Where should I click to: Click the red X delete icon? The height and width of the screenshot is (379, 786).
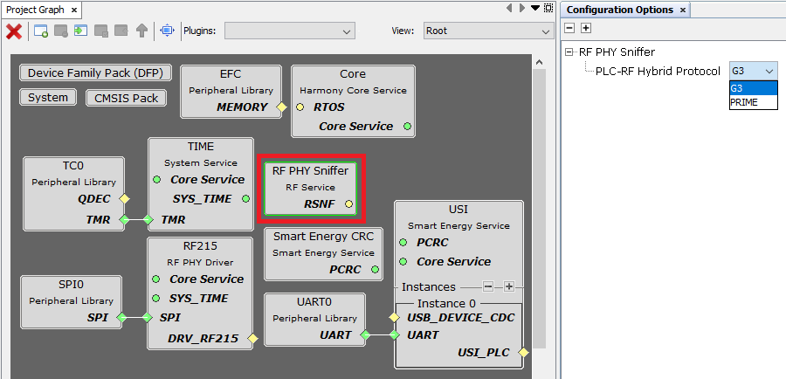coord(14,31)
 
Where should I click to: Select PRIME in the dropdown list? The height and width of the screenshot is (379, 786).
coord(745,102)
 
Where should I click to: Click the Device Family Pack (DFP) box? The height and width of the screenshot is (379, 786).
coord(95,73)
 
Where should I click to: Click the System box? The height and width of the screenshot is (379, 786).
coord(47,98)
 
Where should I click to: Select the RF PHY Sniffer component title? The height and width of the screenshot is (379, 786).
coord(311,171)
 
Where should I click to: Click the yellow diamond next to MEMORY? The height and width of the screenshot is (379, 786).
coord(282,107)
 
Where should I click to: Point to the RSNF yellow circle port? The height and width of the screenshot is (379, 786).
coord(348,204)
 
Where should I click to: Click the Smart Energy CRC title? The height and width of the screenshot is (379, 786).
coord(323,237)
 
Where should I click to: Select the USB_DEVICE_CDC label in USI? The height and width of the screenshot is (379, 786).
coord(460,316)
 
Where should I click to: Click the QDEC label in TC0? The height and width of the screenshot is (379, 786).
coord(93,199)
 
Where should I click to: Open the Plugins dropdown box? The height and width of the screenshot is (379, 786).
coord(289,31)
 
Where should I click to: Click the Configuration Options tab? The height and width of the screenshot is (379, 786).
coord(620,10)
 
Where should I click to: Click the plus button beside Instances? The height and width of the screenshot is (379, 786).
coord(508,286)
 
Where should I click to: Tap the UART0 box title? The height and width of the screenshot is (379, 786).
coord(314,301)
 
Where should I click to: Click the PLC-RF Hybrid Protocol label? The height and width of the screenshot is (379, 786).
coord(658,72)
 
